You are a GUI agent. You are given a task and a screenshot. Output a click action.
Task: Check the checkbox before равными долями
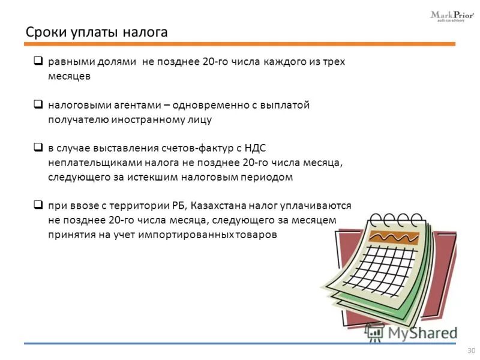coord(37,61)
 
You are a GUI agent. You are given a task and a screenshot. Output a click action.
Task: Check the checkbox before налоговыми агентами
coord(37,104)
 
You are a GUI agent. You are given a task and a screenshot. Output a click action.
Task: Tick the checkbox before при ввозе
coord(37,205)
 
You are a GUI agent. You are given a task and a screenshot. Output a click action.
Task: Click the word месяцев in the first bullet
coord(70,76)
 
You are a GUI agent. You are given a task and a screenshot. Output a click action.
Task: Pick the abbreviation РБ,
coord(179,205)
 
